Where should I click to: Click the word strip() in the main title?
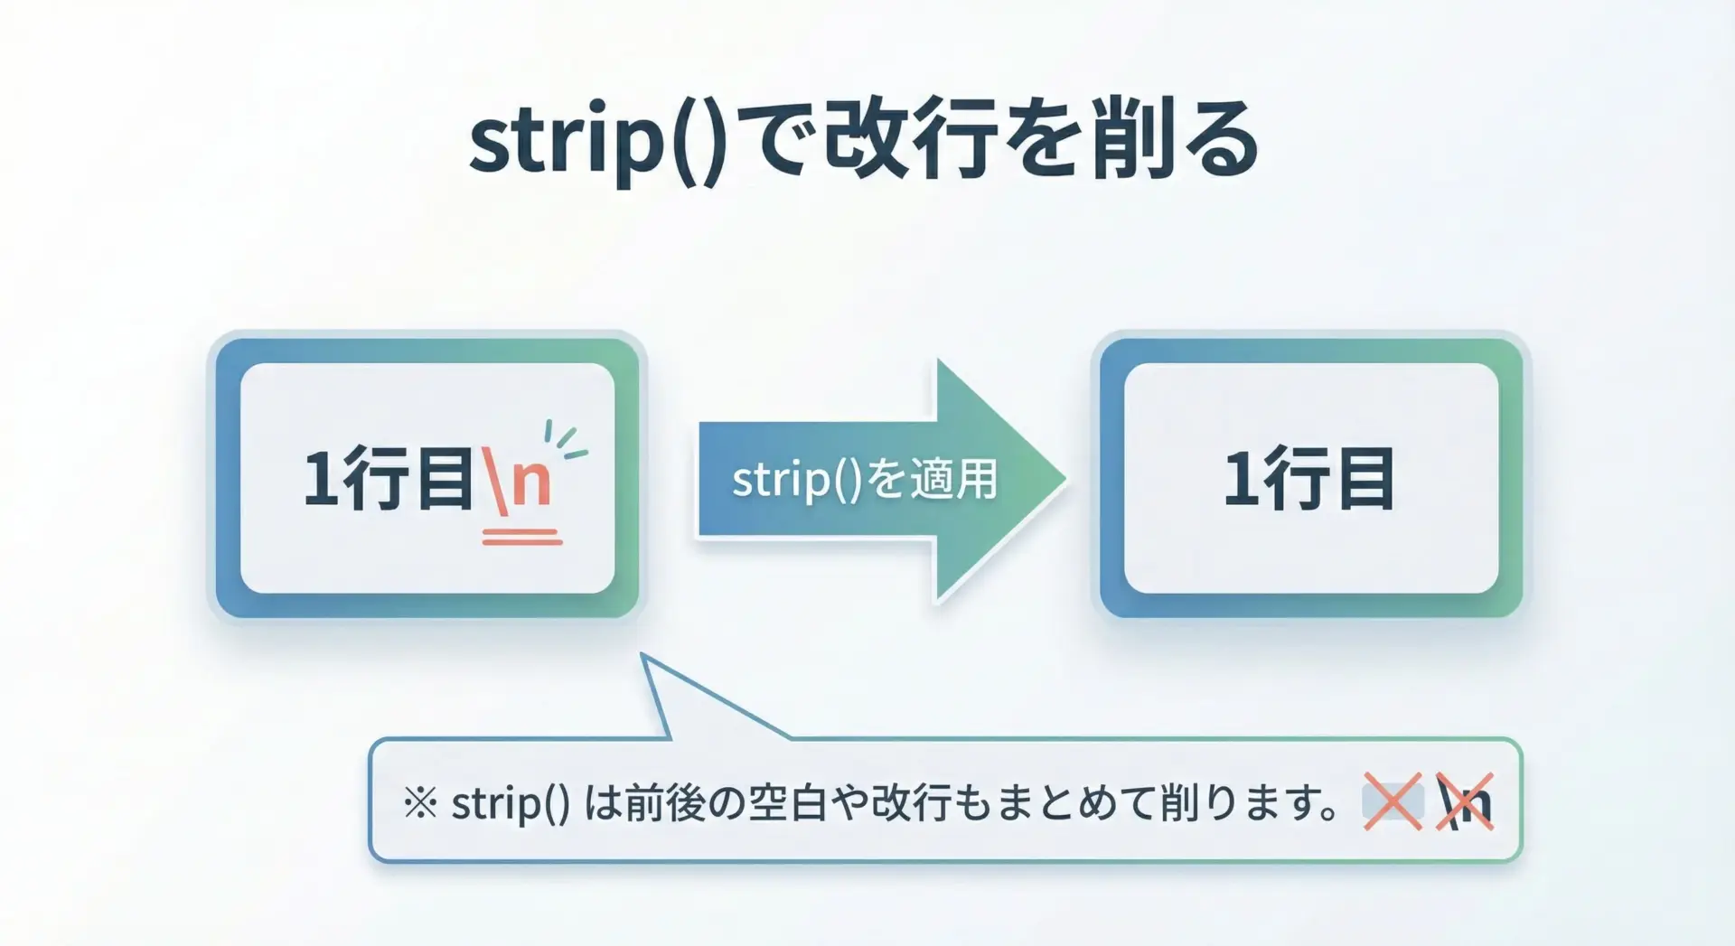[597, 142]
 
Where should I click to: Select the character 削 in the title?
[1133, 140]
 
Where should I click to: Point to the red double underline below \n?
[522, 538]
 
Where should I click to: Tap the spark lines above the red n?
[566, 439]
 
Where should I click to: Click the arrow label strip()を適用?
[865, 479]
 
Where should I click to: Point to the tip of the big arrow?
[1066, 479]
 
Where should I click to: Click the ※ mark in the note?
[420, 802]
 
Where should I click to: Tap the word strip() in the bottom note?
[511, 803]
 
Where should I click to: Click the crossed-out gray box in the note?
[1393, 801]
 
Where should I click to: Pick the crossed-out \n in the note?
[1465, 801]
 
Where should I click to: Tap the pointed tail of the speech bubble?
[642, 655]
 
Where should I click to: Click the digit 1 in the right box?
[1241, 478]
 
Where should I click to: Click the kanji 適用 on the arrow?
[953, 479]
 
